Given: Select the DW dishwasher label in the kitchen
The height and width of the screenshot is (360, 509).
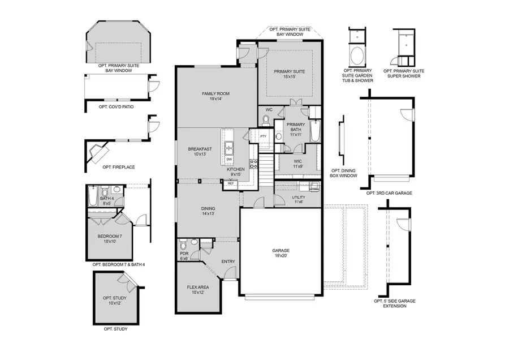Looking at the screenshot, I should (229, 159).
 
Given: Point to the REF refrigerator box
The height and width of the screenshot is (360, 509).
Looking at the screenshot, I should (231, 183).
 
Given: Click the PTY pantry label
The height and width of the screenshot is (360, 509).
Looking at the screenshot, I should (263, 136).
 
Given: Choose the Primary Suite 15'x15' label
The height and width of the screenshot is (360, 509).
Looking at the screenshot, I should (290, 74).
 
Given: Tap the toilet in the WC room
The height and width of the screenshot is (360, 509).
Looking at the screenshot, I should (266, 119).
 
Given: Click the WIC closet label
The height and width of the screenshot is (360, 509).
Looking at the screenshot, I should (299, 164).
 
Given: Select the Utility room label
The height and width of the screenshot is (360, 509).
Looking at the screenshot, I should (299, 199).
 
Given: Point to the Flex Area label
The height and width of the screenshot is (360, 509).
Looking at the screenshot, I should (199, 290).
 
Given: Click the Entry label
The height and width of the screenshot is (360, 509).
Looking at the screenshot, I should (228, 261).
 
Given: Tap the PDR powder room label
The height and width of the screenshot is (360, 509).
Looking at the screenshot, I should (184, 256).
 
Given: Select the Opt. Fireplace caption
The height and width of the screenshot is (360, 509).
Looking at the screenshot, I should (115, 167).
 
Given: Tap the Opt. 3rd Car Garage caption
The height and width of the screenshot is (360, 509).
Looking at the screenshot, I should (389, 193).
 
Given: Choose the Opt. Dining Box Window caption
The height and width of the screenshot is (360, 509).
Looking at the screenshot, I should (344, 173).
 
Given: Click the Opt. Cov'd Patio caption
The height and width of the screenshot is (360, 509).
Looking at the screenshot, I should (116, 106).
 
